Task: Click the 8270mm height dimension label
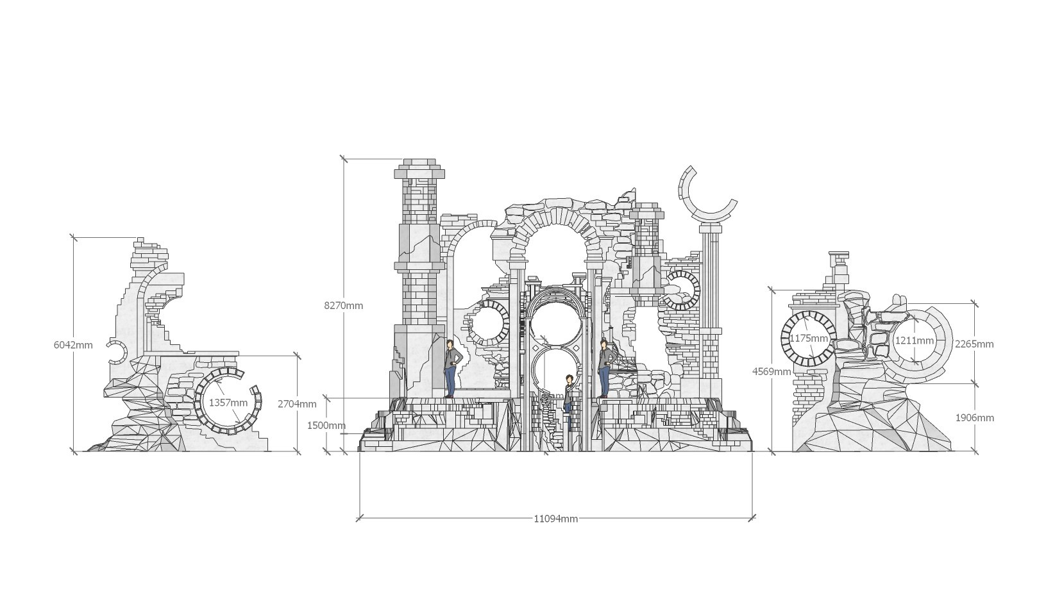[343, 306]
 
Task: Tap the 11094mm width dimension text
[555, 519]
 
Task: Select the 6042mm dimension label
[73, 346]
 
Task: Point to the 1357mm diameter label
[228, 403]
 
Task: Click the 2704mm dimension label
[297, 404]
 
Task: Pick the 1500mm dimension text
[326, 426]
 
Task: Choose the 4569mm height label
[772, 371]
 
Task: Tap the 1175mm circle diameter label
[809, 339]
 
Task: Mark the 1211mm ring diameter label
[915, 341]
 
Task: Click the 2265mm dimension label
[974, 344]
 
